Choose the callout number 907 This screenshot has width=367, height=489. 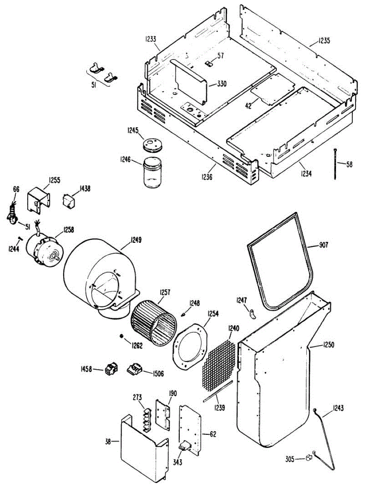click(x=323, y=245)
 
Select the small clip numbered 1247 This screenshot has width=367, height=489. click(x=253, y=313)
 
